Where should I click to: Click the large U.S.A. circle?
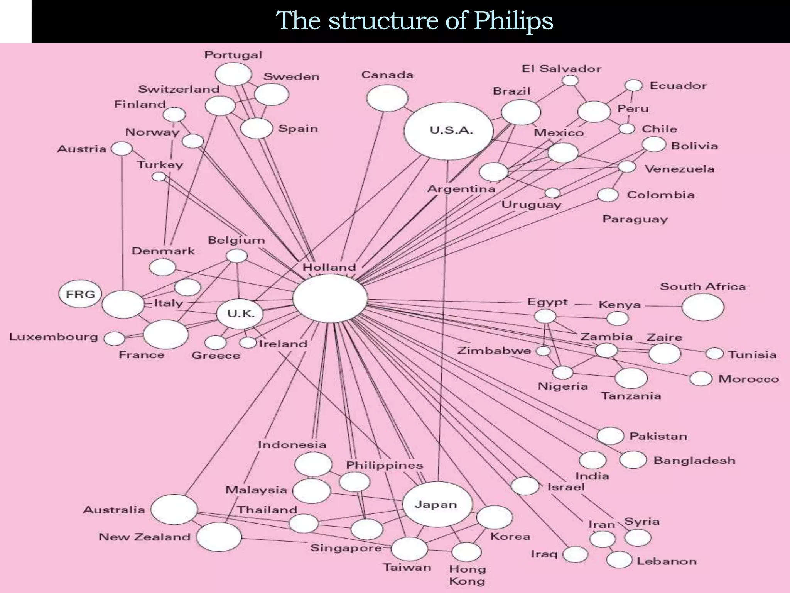coord(448,131)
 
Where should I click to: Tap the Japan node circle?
coord(437,504)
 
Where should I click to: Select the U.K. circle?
coord(240,313)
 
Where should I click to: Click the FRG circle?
coord(80,294)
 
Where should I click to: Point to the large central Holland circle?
coord(330,298)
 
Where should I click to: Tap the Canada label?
coord(387,75)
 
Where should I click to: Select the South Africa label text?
coord(702,286)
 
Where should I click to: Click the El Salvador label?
coord(561,69)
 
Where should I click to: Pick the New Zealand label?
coord(145,537)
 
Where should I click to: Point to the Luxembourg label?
coord(53,337)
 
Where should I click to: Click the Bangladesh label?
coord(694,460)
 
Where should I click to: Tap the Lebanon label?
coord(667,561)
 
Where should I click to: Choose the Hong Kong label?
coord(467,575)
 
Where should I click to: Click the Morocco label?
coord(748,379)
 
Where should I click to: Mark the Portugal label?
coord(233,55)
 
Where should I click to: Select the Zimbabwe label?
coord(494,351)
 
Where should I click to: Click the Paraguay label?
coord(635,219)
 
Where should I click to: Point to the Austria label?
coord(81,149)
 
